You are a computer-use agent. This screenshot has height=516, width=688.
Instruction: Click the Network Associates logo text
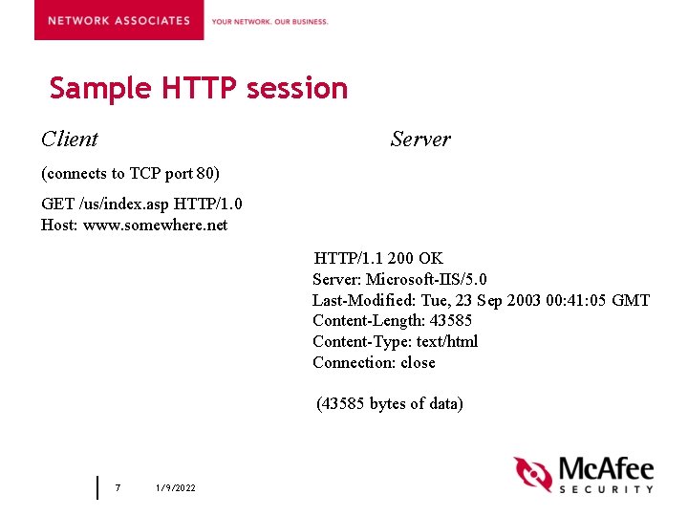[118, 20]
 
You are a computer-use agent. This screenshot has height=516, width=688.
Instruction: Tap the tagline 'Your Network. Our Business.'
[269, 21]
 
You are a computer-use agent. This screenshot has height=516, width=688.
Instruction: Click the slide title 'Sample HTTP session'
[199, 88]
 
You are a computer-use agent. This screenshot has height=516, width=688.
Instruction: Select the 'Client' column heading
[70, 140]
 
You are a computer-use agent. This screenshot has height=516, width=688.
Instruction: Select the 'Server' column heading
[420, 140]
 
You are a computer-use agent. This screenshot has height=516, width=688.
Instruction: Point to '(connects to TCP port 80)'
[130, 173]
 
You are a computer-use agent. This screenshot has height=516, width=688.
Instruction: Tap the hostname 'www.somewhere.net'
[156, 226]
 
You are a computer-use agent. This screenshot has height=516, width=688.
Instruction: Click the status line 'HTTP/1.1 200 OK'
[378, 258]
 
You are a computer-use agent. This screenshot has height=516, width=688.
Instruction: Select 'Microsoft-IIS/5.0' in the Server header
[426, 279]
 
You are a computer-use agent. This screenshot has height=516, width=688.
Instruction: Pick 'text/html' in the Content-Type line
[447, 342]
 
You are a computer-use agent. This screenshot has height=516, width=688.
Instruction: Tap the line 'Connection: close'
[374, 363]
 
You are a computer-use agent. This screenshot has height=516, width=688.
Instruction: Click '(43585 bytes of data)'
[390, 403]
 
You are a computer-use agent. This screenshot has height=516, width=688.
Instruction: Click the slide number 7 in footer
[118, 488]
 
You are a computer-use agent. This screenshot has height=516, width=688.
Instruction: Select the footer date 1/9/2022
[175, 488]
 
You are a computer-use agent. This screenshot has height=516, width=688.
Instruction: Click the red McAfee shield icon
[532, 475]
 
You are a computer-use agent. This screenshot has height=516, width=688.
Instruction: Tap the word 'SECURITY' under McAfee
[606, 488]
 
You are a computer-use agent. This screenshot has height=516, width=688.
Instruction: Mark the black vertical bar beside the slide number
[97, 487]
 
